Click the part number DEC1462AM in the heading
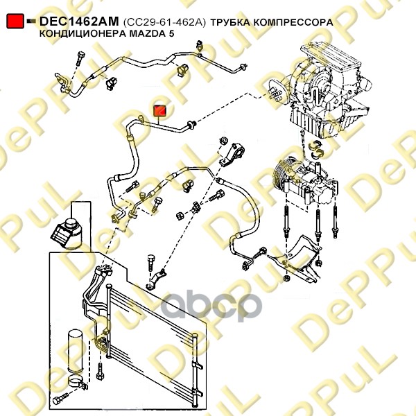click(x=79, y=21)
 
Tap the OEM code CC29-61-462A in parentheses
click(x=164, y=22)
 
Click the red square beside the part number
click(x=15, y=21)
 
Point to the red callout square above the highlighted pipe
click(x=160, y=111)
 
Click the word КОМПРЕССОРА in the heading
click(x=293, y=22)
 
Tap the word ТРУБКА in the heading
click(x=230, y=22)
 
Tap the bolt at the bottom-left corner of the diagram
click(x=60, y=399)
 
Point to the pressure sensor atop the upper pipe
click(x=200, y=46)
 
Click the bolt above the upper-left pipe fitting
click(x=80, y=58)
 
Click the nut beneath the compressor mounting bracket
click(x=286, y=278)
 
